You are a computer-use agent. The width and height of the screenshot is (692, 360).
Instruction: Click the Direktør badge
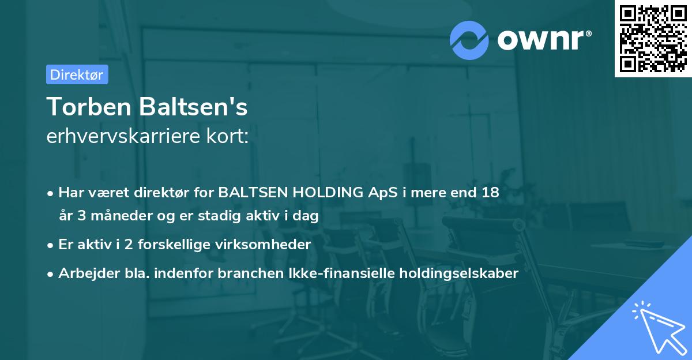tap(77, 74)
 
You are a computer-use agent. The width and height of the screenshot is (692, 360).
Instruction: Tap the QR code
tap(652, 38)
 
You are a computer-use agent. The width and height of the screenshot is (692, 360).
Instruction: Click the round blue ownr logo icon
tap(469, 40)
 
